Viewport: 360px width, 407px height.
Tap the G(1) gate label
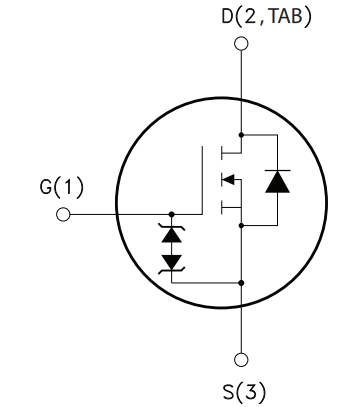[x=62, y=187]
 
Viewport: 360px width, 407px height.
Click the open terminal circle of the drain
[x=240, y=43]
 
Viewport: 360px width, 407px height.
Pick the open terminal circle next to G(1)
[x=63, y=215]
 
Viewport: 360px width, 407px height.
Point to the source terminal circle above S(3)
[x=240, y=360]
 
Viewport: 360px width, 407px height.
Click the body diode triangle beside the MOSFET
[x=276, y=182]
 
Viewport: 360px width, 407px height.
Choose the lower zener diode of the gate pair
[x=172, y=262]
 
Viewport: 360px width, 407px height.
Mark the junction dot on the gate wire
[x=172, y=215]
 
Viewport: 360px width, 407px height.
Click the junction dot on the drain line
[x=240, y=134]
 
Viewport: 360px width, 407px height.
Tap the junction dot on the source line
[x=240, y=283]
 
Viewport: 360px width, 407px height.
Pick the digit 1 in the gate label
[x=71, y=187]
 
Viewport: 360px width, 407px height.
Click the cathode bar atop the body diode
[x=276, y=171]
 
